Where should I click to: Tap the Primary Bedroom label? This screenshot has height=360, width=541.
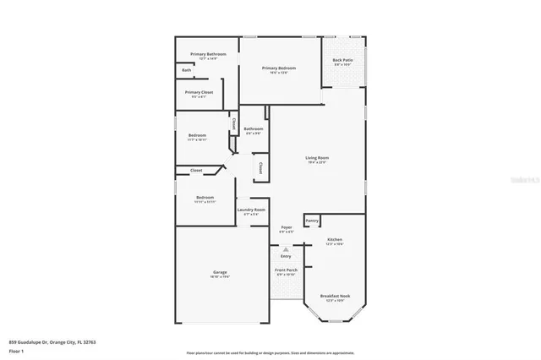(279, 68)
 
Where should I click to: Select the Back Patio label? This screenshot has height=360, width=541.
(342, 61)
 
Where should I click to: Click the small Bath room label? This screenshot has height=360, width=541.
(186, 70)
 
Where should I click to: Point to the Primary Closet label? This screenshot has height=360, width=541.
(199, 92)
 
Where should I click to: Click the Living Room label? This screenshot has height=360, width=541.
(317, 158)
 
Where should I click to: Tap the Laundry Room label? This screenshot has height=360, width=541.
(252, 210)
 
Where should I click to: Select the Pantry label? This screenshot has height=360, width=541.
(312, 220)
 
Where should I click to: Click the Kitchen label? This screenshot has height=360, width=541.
(335, 240)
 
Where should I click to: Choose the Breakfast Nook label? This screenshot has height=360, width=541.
(335, 296)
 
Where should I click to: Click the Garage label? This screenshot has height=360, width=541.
(220, 273)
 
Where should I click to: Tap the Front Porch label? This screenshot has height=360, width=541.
(286, 270)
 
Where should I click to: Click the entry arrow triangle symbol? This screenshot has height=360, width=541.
(286, 249)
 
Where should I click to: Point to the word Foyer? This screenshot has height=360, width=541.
(286, 228)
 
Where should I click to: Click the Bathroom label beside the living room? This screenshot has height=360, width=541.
(254, 129)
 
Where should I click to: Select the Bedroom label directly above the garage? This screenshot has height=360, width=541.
(205, 198)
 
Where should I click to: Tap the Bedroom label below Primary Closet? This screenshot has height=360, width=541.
(197, 135)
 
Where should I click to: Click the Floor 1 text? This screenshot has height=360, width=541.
(17, 350)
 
